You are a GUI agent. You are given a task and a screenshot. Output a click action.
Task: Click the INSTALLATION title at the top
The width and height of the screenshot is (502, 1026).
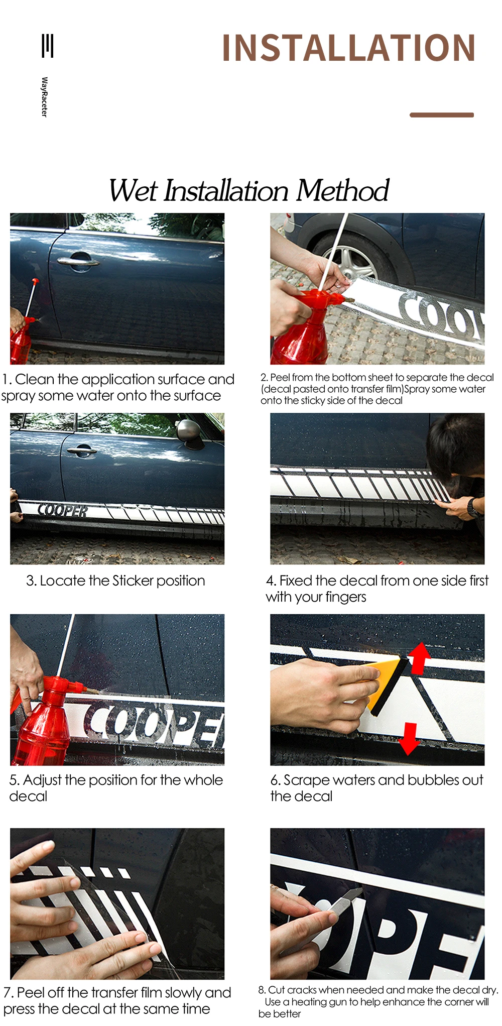tap(348, 48)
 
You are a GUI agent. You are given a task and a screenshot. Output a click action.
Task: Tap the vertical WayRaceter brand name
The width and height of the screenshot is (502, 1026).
tap(44, 97)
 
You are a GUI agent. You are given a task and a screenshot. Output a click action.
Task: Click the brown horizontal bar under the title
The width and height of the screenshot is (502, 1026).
tap(442, 115)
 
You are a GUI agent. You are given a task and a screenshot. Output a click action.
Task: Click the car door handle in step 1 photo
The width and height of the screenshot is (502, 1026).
tap(78, 261)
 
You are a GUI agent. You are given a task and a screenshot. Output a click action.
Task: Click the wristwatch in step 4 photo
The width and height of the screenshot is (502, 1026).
tap(473, 508)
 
